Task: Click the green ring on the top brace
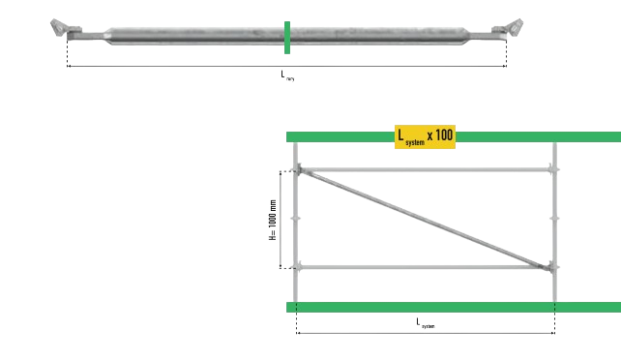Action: (287, 36)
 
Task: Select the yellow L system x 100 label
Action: (423, 135)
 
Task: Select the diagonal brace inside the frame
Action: (426, 219)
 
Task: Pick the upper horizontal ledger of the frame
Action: (426, 171)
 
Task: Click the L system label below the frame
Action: (426, 323)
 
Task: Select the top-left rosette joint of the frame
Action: (298, 171)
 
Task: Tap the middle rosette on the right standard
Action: (554, 220)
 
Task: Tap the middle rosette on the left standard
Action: (297, 220)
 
